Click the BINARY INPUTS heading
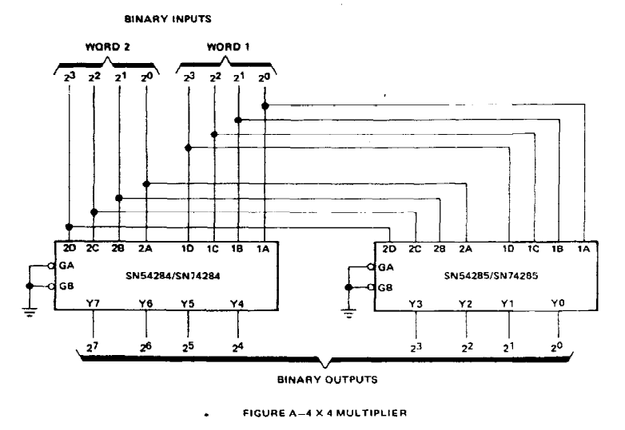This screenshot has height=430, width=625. [x=168, y=18]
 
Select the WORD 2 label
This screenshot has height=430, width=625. [x=108, y=46]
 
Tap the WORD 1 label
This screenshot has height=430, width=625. [x=228, y=46]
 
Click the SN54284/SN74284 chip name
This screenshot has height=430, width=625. [x=173, y=275]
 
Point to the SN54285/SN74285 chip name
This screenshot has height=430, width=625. [x=491, y=275]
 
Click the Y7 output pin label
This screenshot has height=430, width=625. [x=93, y=303]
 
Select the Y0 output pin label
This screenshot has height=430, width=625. [x=558, y=303]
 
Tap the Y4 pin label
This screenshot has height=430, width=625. [x=237, y=304]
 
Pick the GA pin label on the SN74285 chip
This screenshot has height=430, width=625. [x=385, y=267]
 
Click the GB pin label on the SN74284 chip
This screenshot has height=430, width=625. [x=66, y=286]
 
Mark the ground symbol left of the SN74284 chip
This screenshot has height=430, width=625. [x=30, y=312]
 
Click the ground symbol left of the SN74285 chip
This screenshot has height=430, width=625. [x=348, y=314]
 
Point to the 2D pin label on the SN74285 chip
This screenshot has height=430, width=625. [x=389, y=249]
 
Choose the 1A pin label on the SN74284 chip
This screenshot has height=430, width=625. [x=262, y=249]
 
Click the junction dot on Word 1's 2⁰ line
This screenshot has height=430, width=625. [x=265, y=106]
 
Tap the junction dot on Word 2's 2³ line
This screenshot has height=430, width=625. [x=69, y=227]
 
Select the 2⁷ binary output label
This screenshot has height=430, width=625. [x=92, y=347]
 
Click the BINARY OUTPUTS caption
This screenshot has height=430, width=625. [x=327, y=380]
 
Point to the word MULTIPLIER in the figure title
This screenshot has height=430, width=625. [x=372, y=413]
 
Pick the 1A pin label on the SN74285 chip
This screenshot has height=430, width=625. [x=583, y=249]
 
